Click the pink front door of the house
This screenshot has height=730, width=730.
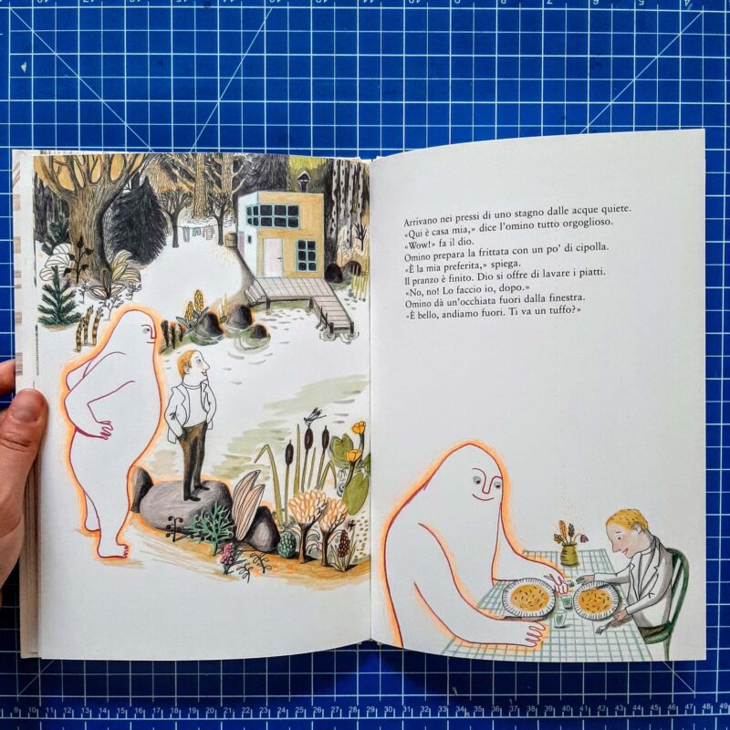[272, 257]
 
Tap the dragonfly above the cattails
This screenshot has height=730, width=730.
[313, 416]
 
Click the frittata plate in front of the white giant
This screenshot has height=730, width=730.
[529, 598]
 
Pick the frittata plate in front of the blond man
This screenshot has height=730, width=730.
[597, 600]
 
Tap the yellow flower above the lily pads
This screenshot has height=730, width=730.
[359, 428]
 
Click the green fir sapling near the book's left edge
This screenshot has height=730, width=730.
[57, 297]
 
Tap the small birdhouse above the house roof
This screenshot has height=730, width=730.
[303, 181]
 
